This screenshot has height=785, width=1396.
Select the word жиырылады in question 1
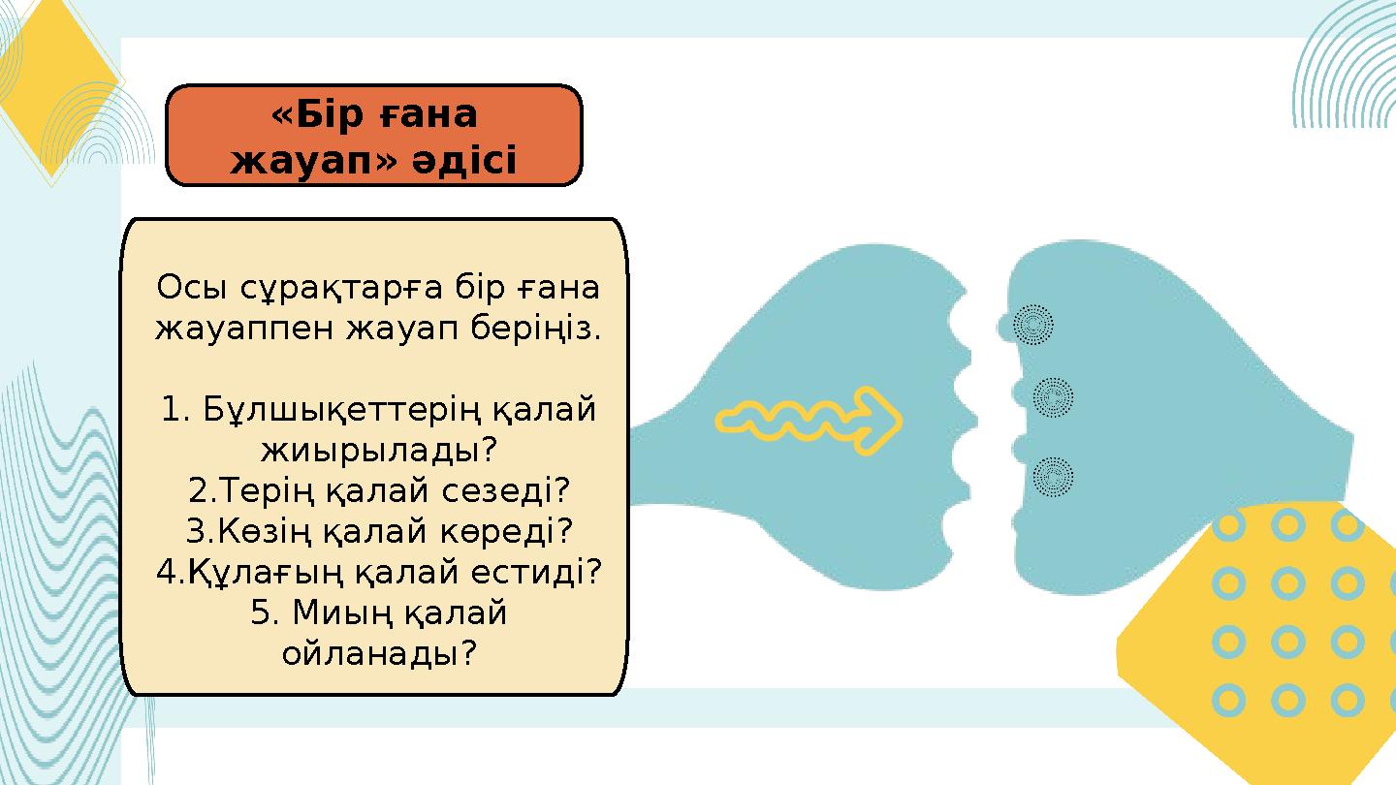pos(372,451)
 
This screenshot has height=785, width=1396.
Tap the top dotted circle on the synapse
pos(1032,325)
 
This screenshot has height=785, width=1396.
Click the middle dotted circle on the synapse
pos(1053,397)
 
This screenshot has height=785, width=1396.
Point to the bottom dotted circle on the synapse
pos(1053,477)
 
